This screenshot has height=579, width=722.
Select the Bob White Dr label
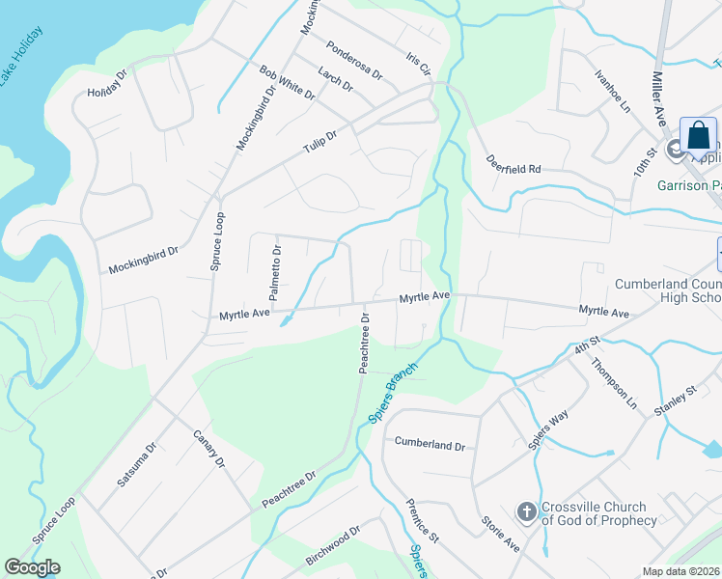click(x=287, y=82)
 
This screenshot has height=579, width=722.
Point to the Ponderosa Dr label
click(x=354, y=60)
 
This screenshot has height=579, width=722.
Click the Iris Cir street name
click(x=418, y=65)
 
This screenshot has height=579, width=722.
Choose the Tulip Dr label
click(x=318, y=142)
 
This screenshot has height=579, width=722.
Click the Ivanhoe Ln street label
click(x=611, y=89)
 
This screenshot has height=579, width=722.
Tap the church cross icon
click(x=527, y=510)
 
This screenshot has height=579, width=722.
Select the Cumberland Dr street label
click(x=430, y=445)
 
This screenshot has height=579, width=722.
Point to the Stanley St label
click(x=677, y=401)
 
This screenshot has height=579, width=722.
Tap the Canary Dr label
click(x=208, y=449)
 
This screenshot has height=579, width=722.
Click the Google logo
click(x=32, y=567)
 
